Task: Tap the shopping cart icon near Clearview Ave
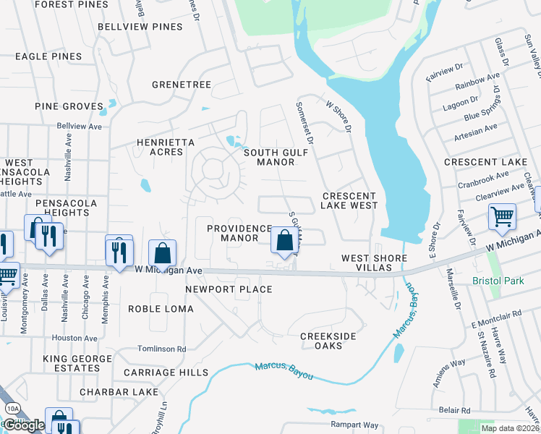(x=501, y=216)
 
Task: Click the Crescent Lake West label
(x=350, y=200)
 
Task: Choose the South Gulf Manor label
(x=269, y=157)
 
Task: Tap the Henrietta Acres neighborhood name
(x=166, y=148)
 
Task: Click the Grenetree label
(x=182, y=85)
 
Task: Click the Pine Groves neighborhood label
(x=69, y=106)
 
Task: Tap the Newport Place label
(x=229, y=289)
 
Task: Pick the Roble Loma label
(x=161, y=309)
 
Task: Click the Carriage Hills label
(x=166, y=372)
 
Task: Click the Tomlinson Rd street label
(x=162, y=349)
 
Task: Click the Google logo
(x=24, y=425)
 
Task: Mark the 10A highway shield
(x=12, y=409)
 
